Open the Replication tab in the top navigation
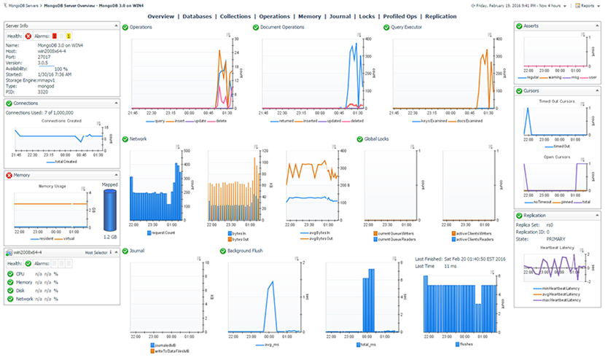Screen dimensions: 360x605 coord(431,16)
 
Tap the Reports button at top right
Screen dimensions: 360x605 coord(587,5)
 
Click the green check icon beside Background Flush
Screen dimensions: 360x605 coord(222,249)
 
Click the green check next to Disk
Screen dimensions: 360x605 coord(9,290)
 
